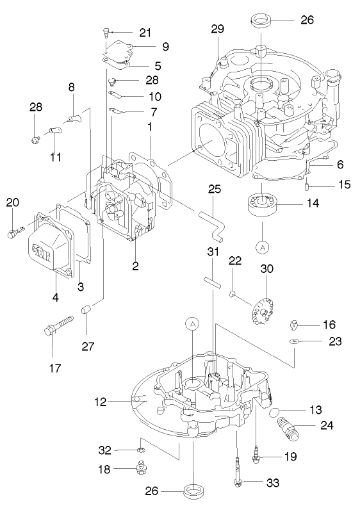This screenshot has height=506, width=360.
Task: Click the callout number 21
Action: [145, 33]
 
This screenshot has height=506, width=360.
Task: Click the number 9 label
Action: [165, 47]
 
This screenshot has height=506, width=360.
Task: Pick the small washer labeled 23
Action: [293, 341]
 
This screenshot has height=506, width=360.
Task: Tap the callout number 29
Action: [218, 29]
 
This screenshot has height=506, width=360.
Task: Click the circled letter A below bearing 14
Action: [262, 246]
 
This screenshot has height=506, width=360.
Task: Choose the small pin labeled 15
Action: [308, 186]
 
